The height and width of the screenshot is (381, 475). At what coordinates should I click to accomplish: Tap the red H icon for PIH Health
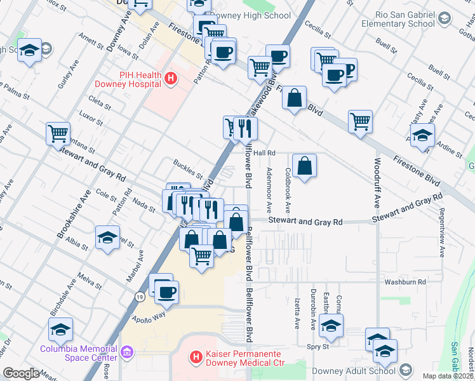point(170,79)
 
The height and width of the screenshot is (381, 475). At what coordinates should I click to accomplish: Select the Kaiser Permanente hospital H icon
point(197,358)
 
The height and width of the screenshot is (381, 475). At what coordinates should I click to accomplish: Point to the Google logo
point(21,373)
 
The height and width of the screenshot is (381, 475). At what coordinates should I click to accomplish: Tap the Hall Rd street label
point(264,153)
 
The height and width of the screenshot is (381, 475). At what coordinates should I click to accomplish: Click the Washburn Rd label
point(404,281)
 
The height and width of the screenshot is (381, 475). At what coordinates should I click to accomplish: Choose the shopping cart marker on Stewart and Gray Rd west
point(58,133)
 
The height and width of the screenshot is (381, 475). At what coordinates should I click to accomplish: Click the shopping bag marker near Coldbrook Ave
point(305,166)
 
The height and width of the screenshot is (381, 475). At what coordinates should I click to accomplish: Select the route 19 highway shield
point(139,296)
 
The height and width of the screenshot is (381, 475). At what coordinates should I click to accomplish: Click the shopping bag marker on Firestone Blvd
point(294,98)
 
